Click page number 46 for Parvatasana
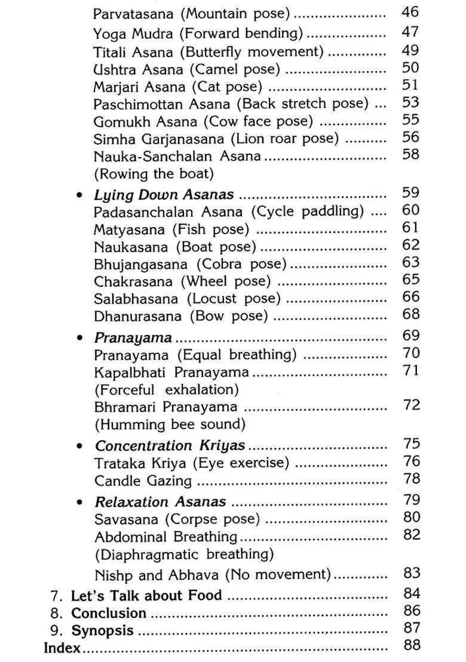pos(411,12)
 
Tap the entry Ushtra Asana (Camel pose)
pos(186,70)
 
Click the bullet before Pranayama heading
pos(79,338)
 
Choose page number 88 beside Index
pos(412,645)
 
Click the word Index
pos(62,648)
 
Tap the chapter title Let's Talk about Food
pos(146,596)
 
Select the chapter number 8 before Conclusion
pos(56,614)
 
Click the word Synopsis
pos(103,631)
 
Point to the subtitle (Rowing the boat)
pos(154,174)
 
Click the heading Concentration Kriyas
pos(170,446)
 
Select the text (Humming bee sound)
pos(161,425)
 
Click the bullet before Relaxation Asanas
pos(79,502)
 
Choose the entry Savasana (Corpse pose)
pos(177,519)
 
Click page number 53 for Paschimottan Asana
pos(411,102)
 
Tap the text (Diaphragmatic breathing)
pos(184,554)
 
